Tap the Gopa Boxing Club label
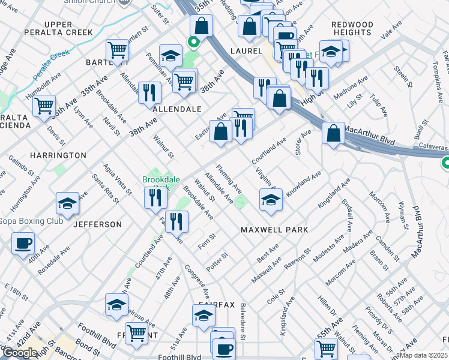pos(31,221)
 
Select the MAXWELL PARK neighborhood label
pos(274,230)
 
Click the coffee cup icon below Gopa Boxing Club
pos(23,244)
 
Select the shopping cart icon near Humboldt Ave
pos(44,106)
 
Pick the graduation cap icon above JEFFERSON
pos(67,203)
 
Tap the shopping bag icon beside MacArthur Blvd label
pos(333,133)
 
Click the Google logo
pos(19,353)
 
